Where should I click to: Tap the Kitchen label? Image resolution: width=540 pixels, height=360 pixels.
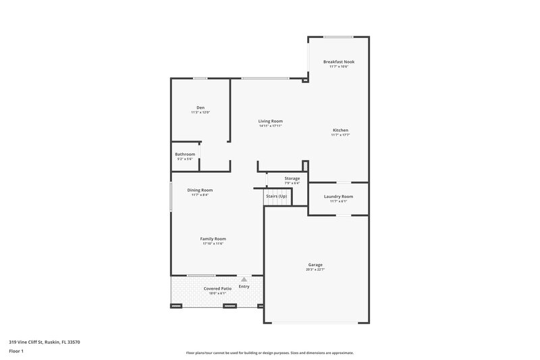point(340,130)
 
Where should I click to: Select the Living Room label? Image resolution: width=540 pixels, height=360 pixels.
point(270,121)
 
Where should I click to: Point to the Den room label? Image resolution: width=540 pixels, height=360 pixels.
point(200,107)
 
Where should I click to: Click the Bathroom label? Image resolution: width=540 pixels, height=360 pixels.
point(185,154)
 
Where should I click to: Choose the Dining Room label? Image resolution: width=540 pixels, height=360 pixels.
point(200,190)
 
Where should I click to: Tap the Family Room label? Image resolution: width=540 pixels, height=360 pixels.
point(213,238)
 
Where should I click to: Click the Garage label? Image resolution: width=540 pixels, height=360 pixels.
point(315,264)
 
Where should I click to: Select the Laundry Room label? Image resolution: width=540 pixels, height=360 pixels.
point(338,196)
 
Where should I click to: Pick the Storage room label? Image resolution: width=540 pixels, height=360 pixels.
point(292,178)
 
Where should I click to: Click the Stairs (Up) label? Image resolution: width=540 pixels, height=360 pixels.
point(276,196)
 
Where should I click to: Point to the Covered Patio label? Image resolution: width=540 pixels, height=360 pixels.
point(217,288)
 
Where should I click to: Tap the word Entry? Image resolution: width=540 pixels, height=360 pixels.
point(244,286)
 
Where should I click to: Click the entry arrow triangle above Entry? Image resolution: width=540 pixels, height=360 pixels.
point(244,279)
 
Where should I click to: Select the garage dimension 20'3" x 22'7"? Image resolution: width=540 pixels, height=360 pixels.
point(315,269)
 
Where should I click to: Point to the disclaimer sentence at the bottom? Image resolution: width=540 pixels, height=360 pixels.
point(269,353)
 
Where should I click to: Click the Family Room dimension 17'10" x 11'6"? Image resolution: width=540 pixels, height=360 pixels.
point(213,244)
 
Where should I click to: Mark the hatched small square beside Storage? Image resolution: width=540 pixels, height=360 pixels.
point(305,166)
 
